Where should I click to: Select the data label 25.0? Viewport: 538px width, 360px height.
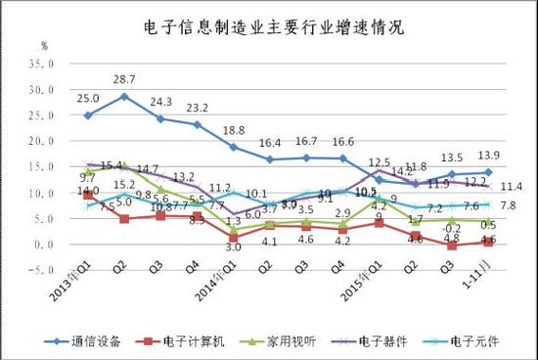[x=89, y=97]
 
